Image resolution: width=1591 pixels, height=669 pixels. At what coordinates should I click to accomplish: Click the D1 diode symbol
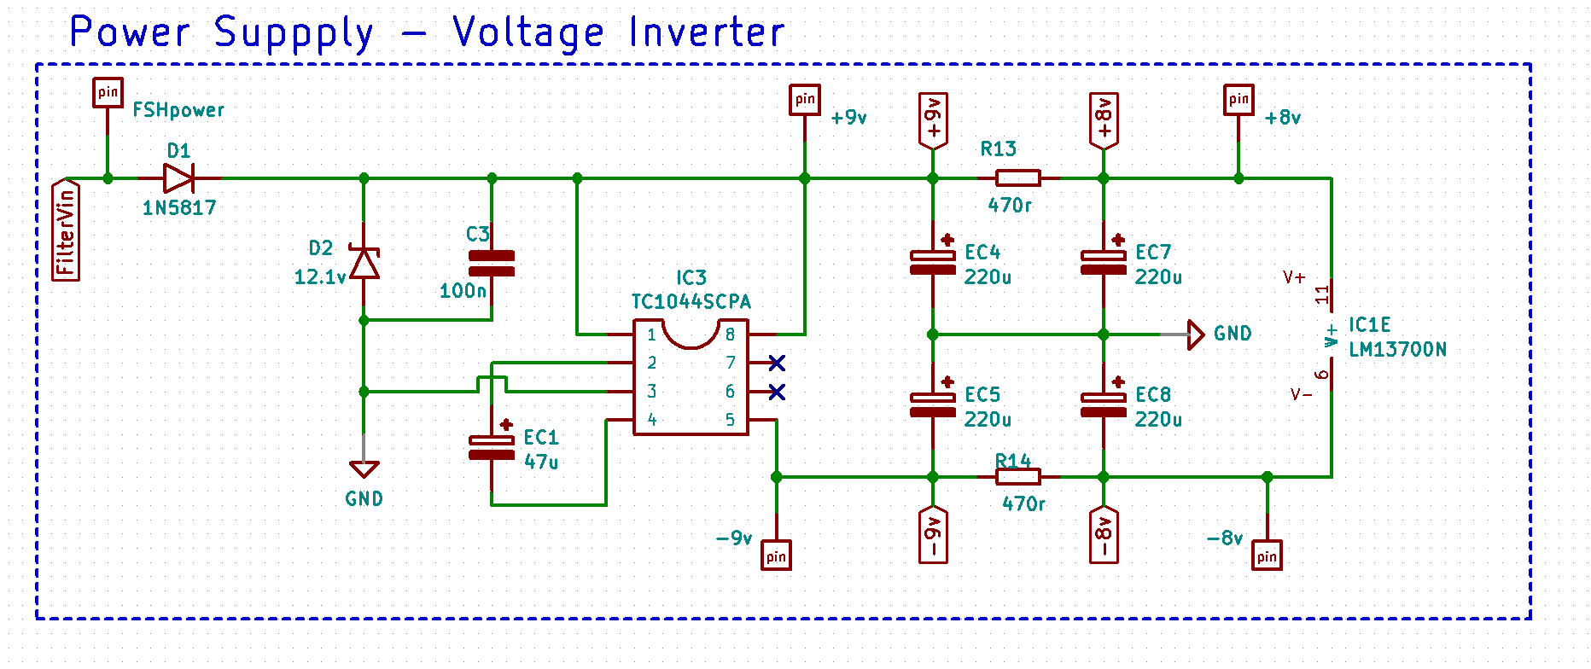(178, 178)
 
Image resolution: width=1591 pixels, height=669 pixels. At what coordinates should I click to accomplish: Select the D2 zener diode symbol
(364, 263)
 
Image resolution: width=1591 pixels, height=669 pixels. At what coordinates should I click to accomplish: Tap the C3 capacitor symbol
(492, 264)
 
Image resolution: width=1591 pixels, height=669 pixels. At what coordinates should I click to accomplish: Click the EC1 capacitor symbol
(492, 447)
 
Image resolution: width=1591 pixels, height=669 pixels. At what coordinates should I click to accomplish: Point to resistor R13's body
(1018, 178)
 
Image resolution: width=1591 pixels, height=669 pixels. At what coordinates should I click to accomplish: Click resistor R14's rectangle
(1018, 477)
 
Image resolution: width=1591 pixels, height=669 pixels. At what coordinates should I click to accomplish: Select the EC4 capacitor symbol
(933, 263)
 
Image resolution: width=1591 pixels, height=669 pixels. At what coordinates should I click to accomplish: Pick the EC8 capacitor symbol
(1104, 405)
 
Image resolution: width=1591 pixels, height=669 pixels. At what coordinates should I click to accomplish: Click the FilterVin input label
(66, 230)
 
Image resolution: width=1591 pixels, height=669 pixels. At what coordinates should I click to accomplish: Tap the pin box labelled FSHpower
(108, 92)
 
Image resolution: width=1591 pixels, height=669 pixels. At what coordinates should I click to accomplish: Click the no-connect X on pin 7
(777, 364)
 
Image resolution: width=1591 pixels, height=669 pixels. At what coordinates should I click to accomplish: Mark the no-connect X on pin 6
(777, 392)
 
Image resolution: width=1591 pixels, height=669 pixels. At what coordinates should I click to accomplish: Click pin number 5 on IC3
(730, 420)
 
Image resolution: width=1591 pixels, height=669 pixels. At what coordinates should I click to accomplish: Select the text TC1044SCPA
(691, 302)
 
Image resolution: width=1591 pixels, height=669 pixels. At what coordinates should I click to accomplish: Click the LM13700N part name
(1397, 350)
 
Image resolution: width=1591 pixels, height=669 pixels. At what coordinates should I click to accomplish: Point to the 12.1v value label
(320, 277)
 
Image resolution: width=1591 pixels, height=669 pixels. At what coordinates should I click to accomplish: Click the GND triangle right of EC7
(1196, 334)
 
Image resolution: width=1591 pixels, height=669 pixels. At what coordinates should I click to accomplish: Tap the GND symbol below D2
(364, 469)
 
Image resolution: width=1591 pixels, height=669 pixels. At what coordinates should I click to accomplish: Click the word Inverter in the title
(706, 33)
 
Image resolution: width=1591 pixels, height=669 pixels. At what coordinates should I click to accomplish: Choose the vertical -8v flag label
(1104, 535)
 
